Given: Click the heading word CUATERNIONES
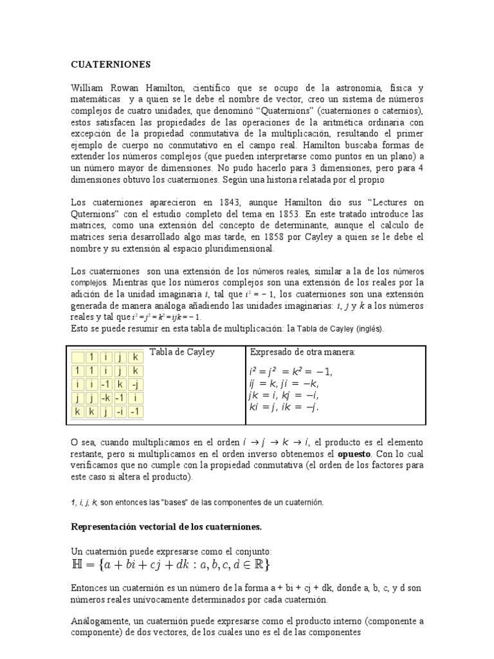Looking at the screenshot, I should tap(109, 64).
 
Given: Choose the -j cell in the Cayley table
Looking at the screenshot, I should tap(135, 384).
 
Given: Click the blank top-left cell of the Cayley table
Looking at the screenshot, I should tap(78, 357).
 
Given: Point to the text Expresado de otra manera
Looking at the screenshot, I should tap(302, 353).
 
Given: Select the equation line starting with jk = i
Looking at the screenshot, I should tap(284, 394).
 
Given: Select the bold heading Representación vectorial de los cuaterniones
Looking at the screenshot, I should tap(166, 526).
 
